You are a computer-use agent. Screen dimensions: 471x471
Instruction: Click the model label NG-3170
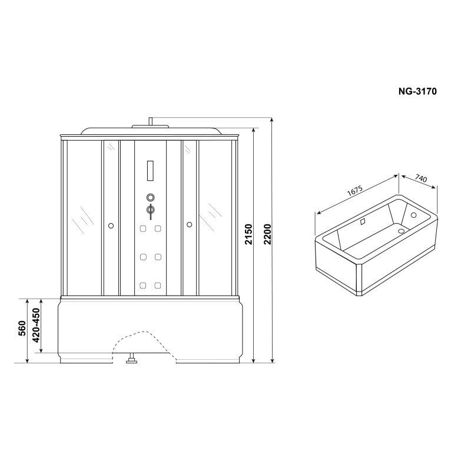[417, 91]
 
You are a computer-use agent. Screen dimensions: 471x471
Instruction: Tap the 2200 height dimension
[267, 234]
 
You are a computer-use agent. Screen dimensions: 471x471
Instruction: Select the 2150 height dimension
[248, 234]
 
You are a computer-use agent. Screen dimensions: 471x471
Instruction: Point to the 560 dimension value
[22, 329]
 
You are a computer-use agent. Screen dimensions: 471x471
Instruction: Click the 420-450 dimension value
[36, 326]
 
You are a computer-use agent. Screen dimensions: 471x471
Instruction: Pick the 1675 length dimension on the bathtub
[355, 191]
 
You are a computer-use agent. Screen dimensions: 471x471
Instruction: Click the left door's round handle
[111, 225]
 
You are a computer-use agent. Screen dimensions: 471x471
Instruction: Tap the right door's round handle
[189, 224]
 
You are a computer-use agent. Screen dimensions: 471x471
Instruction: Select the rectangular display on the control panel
[150, 171]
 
